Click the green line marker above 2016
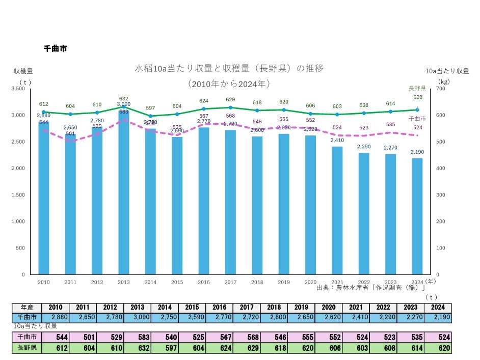coord(204,108)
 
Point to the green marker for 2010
coord(44,112)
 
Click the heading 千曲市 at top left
coord(56,49)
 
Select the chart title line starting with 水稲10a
coord(229,68)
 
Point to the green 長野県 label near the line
coord(417,89)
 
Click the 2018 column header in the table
coord(274,308)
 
